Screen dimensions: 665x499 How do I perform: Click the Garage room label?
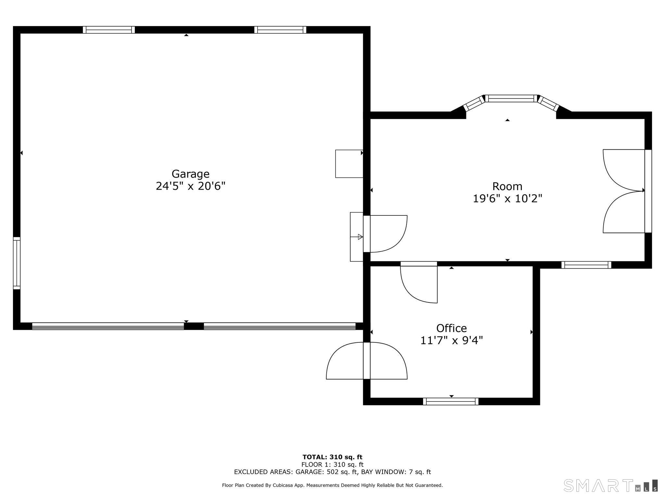(190, 174)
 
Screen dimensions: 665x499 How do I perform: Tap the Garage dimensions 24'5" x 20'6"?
(191, 186)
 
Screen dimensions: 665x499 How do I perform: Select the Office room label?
(451, 328)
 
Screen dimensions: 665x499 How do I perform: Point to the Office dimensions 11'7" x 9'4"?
(452, 340)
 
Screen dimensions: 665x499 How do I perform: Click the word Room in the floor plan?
(507, 186)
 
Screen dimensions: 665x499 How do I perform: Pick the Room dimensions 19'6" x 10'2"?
(507, 198)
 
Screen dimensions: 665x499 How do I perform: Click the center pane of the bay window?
(511, 98)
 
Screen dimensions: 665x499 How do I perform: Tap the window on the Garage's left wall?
(17, 263)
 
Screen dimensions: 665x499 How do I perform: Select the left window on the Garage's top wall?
(109, 30)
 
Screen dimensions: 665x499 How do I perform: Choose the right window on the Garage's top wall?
(280, 30)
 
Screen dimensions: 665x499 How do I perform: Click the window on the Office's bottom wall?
(451, 402)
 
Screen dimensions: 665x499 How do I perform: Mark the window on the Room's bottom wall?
(586, 265)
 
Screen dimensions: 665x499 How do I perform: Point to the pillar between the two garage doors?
(194, 326)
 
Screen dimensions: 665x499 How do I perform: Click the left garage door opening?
(108, 326)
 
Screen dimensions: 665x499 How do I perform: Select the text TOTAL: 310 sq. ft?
(332, 457)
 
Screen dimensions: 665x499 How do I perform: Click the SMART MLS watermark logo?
(610, 485)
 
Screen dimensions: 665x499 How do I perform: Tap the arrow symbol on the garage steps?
(360, 237)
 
